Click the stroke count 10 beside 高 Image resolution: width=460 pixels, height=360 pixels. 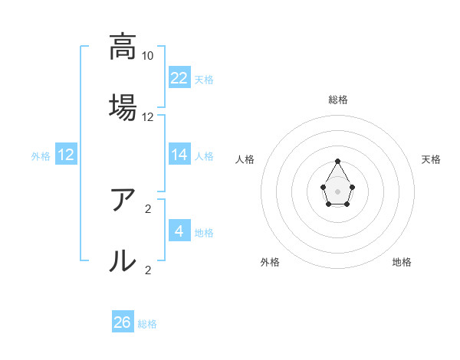point(148,56)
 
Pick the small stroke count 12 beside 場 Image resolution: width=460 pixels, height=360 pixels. point(148,117)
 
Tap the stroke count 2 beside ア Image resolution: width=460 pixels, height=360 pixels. point(148,208)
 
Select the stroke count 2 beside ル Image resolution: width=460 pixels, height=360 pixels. point(148,270)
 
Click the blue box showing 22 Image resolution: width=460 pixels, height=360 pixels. point(179,77)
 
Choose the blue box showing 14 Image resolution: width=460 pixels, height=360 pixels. point(179,155)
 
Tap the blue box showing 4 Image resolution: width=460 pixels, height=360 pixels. point(179,231)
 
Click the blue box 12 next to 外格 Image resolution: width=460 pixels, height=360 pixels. point(66,155)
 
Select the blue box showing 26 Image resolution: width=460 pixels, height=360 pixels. point(123,322)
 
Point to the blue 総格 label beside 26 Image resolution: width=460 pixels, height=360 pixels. point(147,324)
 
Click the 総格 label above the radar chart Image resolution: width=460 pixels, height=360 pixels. point(338,100)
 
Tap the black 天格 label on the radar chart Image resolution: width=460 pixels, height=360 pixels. point(432,159)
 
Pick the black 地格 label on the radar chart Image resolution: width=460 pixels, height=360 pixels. point(402,263)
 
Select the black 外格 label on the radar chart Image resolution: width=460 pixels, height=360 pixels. point(270,263)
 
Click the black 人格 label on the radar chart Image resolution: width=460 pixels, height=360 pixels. point(245,159)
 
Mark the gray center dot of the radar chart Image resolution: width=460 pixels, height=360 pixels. point(337,190)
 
